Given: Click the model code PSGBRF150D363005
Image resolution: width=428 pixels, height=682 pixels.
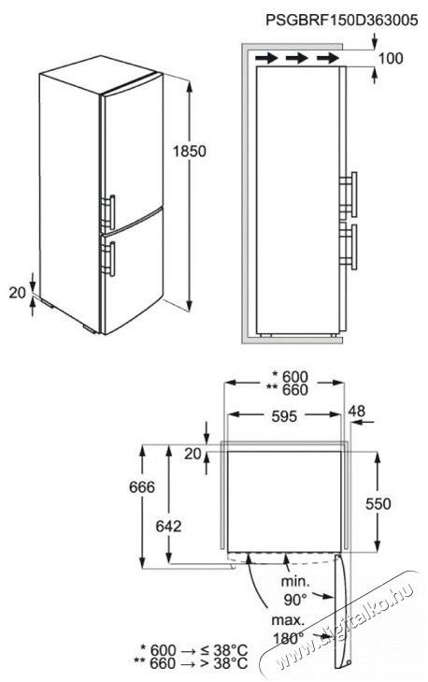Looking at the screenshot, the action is click(x=341, y=20).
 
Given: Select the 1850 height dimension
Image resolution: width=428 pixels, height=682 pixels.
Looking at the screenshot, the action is click(x=189, y=151).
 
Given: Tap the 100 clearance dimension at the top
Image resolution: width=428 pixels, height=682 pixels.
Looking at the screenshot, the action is click(x=391, y=58).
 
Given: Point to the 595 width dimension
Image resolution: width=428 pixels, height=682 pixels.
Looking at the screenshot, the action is click(x=284, y=416).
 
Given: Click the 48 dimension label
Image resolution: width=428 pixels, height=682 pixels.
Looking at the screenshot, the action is click(x=356, y=411).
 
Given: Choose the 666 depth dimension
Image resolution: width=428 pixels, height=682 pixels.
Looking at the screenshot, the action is click(x=142, y=486).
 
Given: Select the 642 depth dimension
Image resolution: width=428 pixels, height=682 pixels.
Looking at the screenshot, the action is click(x=168, y=526).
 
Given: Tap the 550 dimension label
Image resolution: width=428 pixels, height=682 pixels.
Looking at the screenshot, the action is click(x=378, y=503).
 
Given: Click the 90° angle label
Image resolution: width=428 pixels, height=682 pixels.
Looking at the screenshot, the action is click(x=295, y=600).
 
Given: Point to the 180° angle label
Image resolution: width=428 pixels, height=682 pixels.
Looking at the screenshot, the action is click(x=289, y=638).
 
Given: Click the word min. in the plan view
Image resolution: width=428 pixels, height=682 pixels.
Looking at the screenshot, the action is click(x=295, y=581).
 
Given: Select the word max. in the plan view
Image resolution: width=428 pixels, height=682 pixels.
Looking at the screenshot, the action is click(x=288, y=619).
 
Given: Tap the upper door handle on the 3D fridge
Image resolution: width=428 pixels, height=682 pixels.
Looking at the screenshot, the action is click(x=108, y=212).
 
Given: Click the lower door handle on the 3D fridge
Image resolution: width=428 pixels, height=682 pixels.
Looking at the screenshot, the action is click(x=108, y=259).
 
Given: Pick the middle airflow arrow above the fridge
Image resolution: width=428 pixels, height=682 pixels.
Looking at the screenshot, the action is click(x=297, y=57).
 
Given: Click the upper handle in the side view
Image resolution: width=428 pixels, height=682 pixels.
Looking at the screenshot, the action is click(x=349, y=195).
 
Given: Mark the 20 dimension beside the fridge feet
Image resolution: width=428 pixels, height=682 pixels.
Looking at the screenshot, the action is click(x=18, y=293).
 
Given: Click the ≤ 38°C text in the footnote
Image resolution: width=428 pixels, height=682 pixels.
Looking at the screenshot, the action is click(x=224, y=651).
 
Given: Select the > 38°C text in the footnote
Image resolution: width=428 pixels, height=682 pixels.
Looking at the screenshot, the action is click(x=224, y=663).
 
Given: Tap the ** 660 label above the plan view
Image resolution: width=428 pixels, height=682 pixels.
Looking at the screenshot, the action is click(x=288, y=390).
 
